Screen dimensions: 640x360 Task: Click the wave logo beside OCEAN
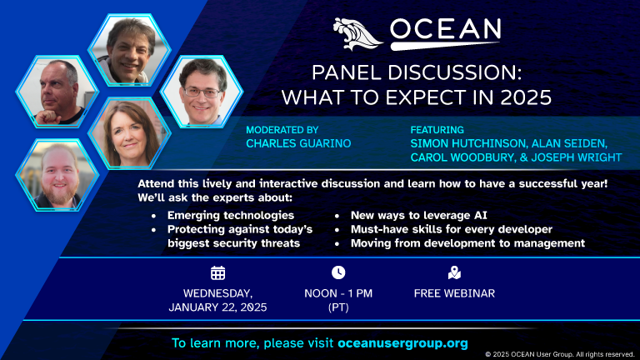click(357, 34)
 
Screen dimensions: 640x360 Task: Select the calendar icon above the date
click(218, 272)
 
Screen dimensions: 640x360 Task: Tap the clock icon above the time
click(338, 272)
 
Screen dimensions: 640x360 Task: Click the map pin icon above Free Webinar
click(454, 272)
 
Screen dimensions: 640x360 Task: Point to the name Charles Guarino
click(298, 143)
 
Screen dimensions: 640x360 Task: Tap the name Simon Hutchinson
click(468, 143)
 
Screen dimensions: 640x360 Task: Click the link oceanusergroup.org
click(402, 343)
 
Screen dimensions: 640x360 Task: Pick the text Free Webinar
click(454, 293)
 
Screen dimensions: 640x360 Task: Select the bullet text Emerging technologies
click(231, 216)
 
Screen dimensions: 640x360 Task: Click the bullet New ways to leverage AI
click(419, 216)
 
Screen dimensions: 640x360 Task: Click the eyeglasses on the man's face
click(202, 92)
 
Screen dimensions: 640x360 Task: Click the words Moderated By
click(282, 130)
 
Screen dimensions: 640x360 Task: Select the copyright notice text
click(560, 354)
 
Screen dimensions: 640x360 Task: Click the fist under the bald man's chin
click(47, 118)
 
